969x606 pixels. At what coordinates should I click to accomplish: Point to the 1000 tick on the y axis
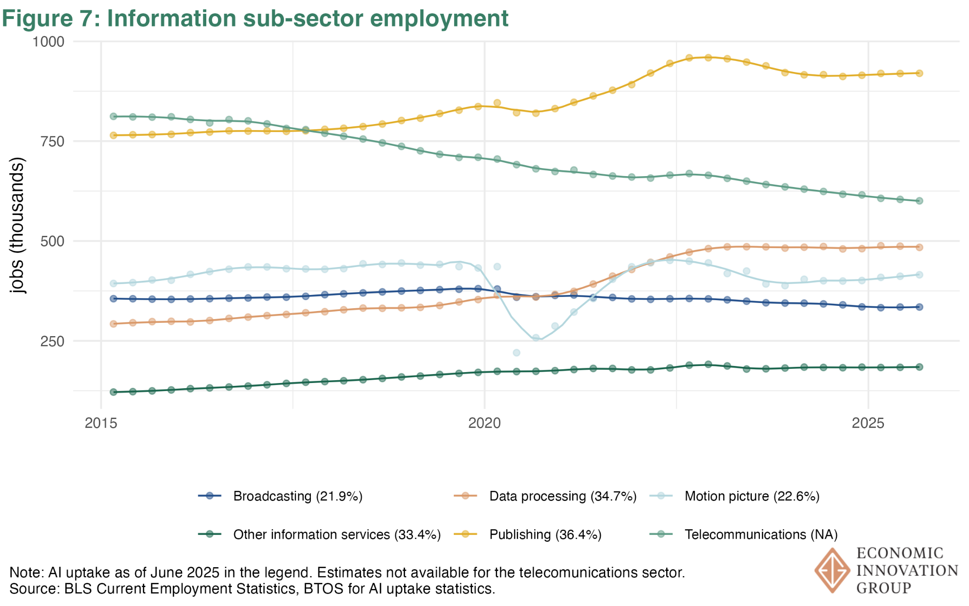click(48, 42)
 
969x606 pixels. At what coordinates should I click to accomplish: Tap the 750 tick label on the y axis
click(52, 142)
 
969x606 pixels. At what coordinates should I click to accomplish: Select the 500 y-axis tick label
click(52, 241)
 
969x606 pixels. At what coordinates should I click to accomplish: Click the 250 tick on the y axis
click(52, 341)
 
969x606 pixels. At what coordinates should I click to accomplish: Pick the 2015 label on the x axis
click(101, 423)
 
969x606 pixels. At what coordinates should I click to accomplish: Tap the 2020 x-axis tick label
click(484, 423)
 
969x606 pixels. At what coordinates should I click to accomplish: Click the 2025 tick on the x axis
click(868, 423)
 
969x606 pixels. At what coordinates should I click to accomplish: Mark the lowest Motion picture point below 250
click(517, 353)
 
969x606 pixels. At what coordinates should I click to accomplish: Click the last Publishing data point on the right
click(919, 73)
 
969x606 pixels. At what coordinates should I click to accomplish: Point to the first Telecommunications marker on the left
click(114, 116)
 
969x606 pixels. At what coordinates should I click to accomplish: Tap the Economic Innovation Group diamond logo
click(832, 570)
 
